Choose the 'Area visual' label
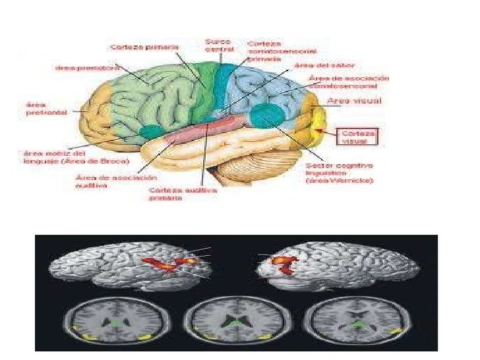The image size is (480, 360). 352,102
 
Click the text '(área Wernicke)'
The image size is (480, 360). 340,180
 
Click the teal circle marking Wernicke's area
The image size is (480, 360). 266,116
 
